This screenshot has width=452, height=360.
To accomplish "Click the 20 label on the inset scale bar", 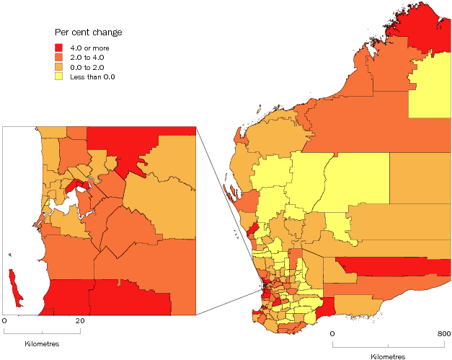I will [80, 321].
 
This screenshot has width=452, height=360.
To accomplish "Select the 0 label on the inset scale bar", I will [4, 321].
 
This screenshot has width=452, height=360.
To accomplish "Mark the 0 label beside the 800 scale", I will [332, 334].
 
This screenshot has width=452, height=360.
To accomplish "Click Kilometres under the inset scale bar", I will [42, 343].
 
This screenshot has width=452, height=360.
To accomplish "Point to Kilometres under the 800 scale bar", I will [388, 356].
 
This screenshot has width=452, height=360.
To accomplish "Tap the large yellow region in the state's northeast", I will [431, 89].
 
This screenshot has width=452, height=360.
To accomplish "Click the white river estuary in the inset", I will [61, 206].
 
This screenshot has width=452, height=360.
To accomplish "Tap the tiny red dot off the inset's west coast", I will [10, 254].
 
